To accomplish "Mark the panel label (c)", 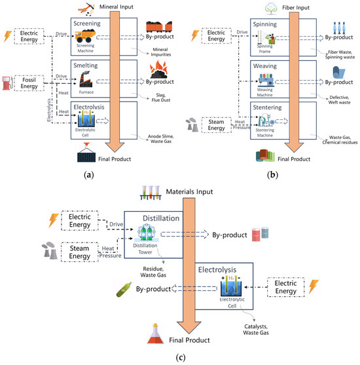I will click(x=180, y=358).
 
